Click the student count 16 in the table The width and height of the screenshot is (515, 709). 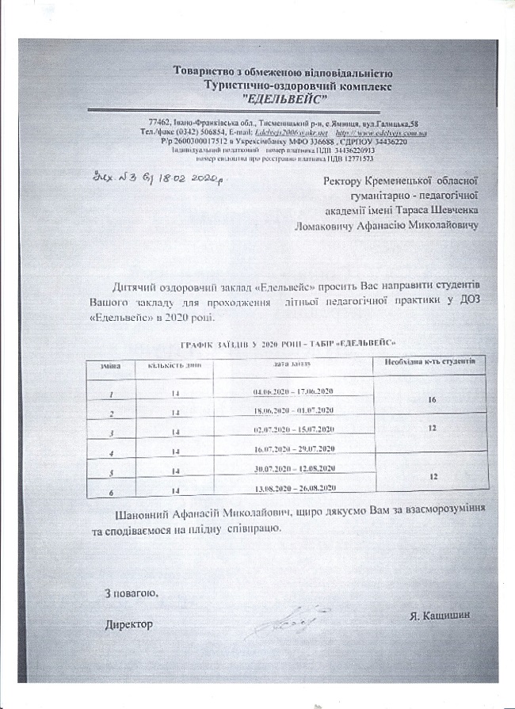click(x=432, y=400)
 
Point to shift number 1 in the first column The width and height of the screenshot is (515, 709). click(x=112, y=394)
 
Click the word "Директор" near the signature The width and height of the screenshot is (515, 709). click(x=129, y=624)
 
